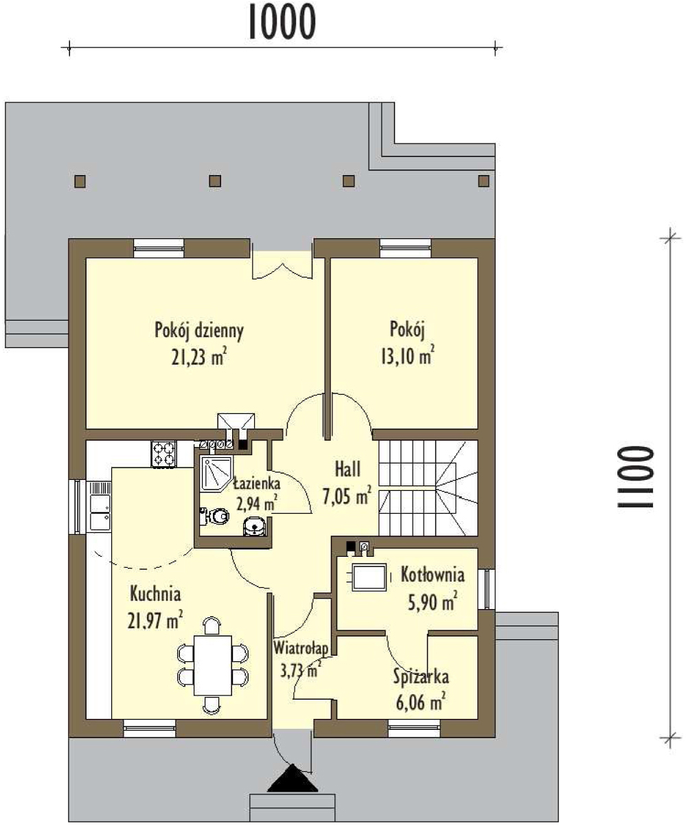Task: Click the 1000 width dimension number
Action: coord(282,22)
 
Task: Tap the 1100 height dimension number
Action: coord(636,477)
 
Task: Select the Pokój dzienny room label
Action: coord(199,332)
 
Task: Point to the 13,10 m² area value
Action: coord(408,355)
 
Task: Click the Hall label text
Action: coord(347,469)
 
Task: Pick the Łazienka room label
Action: coord(257,483)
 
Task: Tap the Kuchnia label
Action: coord(155,594)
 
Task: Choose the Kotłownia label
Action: coord(433,575)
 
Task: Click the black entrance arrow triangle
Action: coord(293,778)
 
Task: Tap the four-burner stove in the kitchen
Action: coord(164,454)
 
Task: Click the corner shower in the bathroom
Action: coord(216,473)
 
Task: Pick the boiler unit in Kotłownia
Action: coord(369,577)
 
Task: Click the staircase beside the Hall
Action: coord(428,488)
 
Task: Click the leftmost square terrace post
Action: coord(80,181)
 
